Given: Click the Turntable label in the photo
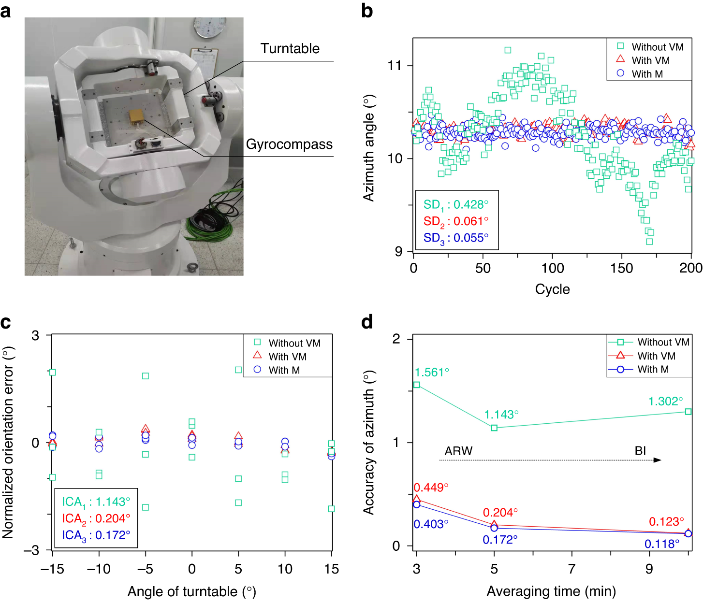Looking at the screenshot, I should click(x=290, y=48).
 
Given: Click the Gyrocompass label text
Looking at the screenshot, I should click(x=289, y=144).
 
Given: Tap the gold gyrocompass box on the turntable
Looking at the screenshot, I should click(x=136, y=116).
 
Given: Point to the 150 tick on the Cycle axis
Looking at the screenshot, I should click(x=621, y=268).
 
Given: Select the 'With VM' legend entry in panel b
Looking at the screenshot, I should click(x=650, y=60).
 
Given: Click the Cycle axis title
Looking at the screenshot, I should click(x=552, y=289).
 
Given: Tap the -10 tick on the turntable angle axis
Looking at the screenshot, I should click(x=99, y=569).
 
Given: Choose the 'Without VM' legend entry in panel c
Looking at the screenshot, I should click(x=294, y=343).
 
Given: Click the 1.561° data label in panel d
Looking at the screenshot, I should click(x=432, y=373).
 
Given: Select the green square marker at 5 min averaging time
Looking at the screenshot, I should click(x=494, y=428).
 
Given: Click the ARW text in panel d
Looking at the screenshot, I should click(x=458, y=451).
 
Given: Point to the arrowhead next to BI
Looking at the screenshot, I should click(x=657, y=460).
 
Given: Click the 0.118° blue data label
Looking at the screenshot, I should click(x=661, y=544).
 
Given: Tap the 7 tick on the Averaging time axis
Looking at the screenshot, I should click(x=571, y=569).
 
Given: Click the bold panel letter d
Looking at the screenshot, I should click(x=367, y=322).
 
